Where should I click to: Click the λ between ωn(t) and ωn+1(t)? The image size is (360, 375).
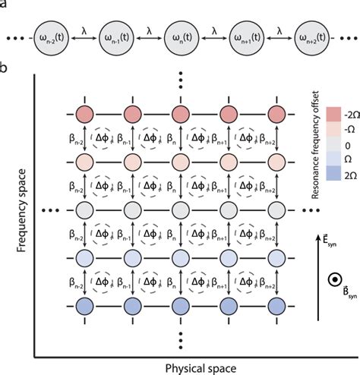(215, 30)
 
